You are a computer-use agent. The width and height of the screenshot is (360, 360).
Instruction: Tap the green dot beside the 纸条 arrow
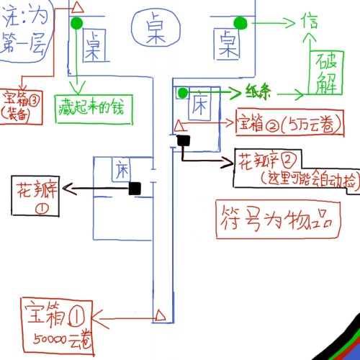point(183,93)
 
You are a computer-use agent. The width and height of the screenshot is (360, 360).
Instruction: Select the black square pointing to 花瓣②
point(183,140)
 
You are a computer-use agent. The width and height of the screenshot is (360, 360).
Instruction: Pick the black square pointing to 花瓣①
point(135,188)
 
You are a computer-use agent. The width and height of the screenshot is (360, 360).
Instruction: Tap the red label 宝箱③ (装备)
point(19,104)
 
